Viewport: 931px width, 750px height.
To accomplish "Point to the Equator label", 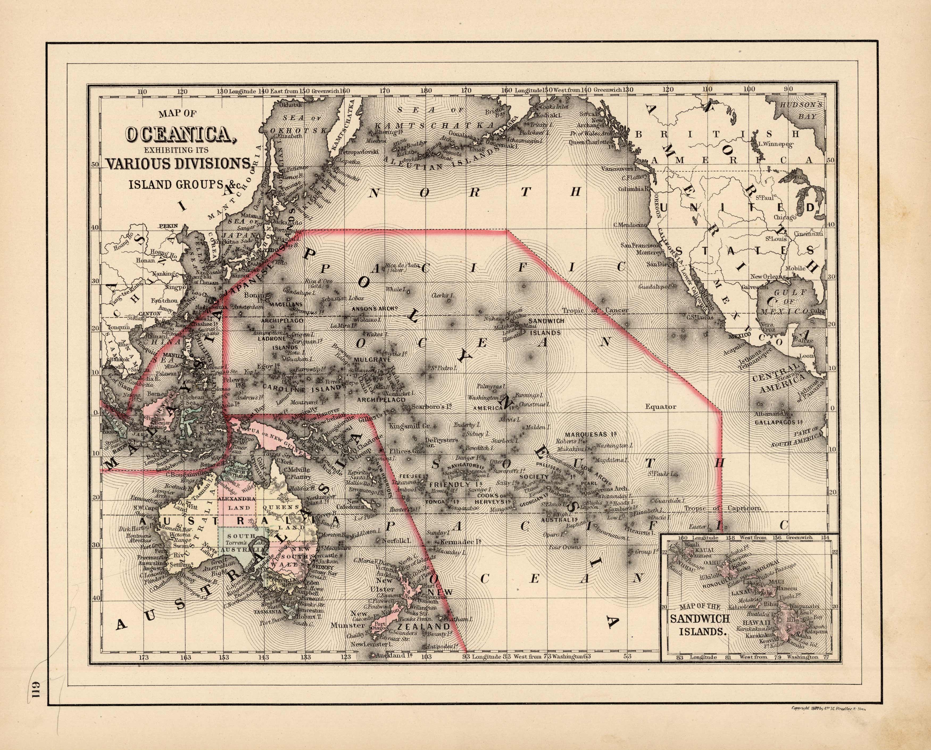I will coord(660,407).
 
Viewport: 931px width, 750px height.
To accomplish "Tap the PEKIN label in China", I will coord(169,225).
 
